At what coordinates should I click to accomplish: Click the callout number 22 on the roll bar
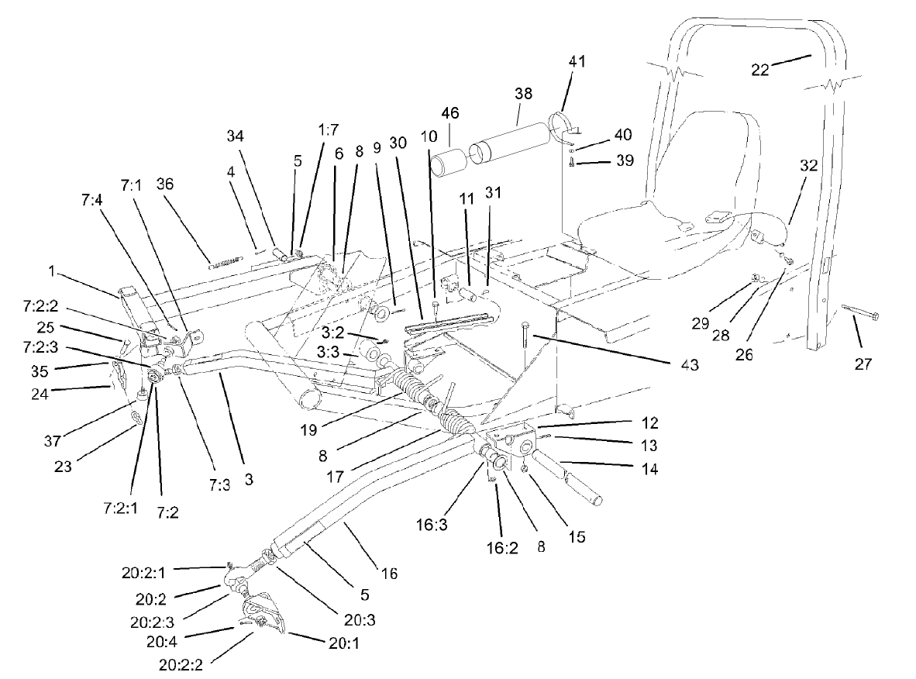click(763, 69)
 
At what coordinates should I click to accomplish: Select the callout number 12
click(649, 423)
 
